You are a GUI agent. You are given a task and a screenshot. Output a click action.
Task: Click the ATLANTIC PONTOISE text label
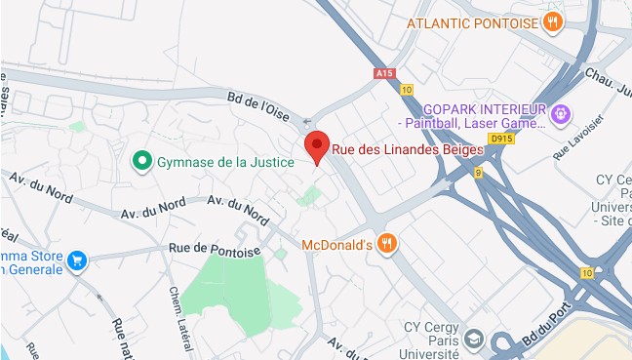pos(473,21)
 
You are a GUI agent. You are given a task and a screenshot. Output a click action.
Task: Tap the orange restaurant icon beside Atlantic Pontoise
pos(553,21)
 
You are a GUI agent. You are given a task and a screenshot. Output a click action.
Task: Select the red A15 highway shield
pos(384,73)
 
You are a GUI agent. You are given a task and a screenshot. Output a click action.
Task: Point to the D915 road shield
pos(501,140)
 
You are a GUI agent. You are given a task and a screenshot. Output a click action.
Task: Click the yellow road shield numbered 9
pos(478,173)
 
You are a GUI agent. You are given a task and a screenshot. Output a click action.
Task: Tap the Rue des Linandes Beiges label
pos(408,150)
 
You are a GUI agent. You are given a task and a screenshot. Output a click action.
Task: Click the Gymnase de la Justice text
pos(225,161)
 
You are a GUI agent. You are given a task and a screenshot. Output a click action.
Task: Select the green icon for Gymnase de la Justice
pos(142,160)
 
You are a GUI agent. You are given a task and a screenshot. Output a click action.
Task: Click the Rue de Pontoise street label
pos(215,251)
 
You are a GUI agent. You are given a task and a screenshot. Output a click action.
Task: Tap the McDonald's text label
pos(338,244)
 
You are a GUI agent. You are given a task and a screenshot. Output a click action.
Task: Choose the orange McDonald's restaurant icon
pos(387,244)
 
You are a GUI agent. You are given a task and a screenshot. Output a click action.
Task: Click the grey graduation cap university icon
pos(474,338)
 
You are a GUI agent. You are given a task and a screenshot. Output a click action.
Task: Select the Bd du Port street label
pos(555,323)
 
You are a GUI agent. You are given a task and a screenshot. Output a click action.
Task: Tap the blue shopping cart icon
pos(77,260)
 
